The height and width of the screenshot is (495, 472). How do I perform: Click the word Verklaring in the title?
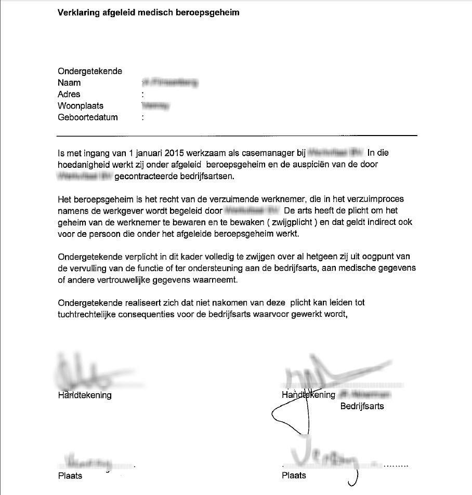[76, 12]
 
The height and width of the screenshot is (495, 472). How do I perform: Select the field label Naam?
[69, 83]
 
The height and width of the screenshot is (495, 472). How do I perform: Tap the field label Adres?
[69, 94]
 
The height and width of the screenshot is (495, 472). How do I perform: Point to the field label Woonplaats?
[81, 105]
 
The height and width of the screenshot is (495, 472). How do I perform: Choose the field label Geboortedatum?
[87, 117]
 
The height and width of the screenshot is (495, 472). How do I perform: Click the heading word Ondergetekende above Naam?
[90, 71]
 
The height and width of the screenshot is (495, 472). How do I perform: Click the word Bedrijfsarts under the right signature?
[362, 406]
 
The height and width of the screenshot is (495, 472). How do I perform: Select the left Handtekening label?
[85, 395]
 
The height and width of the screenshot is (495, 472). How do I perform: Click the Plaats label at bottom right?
[294, 475]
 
